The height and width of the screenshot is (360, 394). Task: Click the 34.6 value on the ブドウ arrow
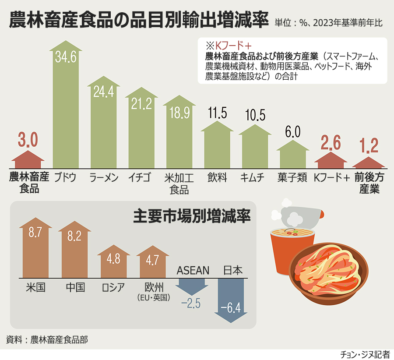65,56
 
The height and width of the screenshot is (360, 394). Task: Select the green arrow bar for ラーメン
104,127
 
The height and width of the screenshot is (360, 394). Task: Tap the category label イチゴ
141,177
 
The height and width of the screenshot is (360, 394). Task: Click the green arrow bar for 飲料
217,147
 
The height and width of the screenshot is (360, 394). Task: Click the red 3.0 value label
28,141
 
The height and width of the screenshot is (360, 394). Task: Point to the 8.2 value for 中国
75,236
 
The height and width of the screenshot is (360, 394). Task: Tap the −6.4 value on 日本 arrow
231,308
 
